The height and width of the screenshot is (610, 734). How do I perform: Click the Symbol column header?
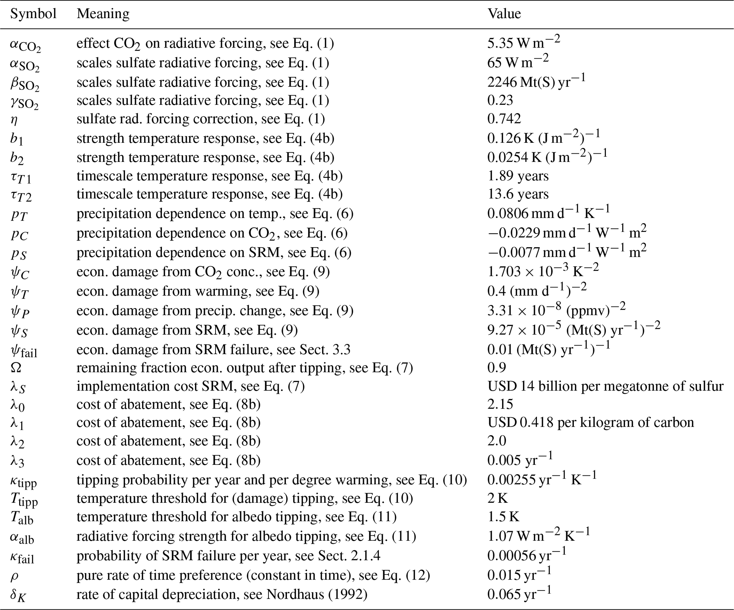[x=33, y=14]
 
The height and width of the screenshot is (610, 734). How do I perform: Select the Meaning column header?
[x=103, y=14]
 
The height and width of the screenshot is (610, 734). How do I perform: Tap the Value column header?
[x=504, y=14]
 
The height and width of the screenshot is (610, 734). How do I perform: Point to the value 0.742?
[x=504, y=119]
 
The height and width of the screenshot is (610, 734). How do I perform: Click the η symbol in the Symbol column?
[x=14, y=120]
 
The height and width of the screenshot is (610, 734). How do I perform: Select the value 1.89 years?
[x=518, y=176]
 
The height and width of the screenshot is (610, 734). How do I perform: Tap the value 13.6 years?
[x=518, y=194]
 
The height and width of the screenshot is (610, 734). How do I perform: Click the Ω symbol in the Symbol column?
[x=16, y=367]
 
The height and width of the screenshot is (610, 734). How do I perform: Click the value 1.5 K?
[x=503, y=517]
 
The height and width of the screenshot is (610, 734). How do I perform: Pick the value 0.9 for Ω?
[x=496, y=367]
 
